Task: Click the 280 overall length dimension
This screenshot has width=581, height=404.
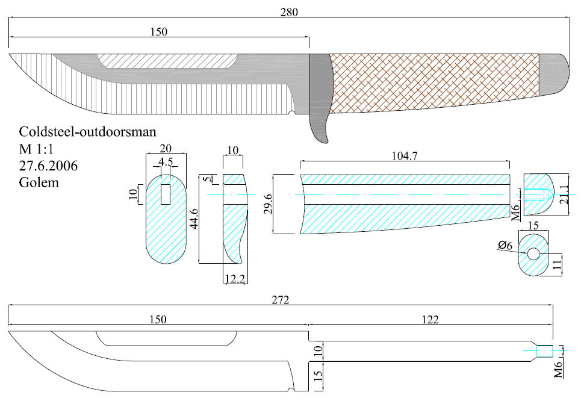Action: point(290,11)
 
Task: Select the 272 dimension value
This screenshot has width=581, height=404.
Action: point(281,299)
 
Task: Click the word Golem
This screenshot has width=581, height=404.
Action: point(39,182)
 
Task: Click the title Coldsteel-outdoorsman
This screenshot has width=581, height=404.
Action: point(79,131)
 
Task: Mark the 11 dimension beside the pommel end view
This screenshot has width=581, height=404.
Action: point(557,263)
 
